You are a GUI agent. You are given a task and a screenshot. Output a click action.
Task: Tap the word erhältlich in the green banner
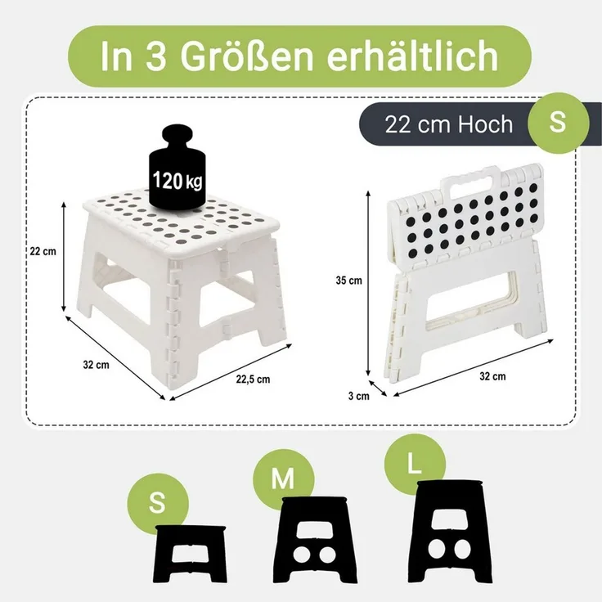tap(412, 56)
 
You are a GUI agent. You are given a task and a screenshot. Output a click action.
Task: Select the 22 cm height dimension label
tap(43, 251)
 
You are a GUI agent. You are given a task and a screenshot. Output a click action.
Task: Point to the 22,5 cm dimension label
tap(253, 380)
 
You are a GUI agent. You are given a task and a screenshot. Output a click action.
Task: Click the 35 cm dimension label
tap(349, 281)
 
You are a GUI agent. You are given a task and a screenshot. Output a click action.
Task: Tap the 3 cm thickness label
tap(359, 396)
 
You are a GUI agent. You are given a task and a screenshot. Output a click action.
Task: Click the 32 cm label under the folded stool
tap(492, 376)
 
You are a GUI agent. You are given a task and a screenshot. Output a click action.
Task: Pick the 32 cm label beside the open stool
tap(97, 365)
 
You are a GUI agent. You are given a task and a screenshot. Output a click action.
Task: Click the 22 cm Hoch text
tap(449, 124)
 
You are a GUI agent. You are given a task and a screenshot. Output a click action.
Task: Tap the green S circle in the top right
tap(558, 123)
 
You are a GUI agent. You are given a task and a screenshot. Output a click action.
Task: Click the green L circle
tap(415, 464)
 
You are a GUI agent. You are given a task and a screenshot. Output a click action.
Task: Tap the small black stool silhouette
tap(191, 554)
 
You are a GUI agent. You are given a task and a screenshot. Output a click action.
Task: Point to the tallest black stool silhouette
tap(450, 532)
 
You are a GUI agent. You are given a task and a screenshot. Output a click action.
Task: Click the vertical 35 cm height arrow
tap(368, 283)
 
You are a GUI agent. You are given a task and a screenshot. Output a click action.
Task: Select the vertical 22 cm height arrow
tap(64, 257)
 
